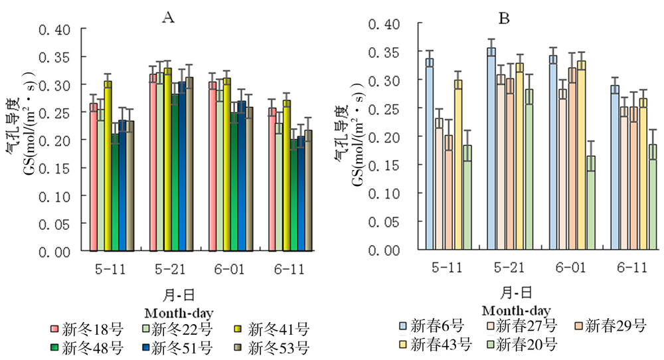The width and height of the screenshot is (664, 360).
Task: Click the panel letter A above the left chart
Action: pos(169,18)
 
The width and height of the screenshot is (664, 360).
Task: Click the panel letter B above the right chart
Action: pos(504,18)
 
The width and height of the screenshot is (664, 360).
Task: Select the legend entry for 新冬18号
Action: pos(86,328)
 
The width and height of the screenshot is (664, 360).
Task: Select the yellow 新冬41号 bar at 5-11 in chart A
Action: pos(108,166)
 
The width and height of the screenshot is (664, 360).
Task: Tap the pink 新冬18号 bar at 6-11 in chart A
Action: pos(272,179)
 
